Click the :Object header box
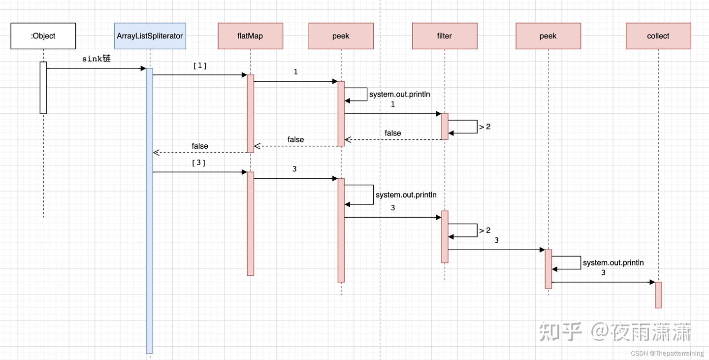pos(43,36)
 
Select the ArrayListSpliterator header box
pos(150,36)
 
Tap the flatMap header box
pos(250,36)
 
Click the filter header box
pos(444,36)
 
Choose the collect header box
pos(658,36)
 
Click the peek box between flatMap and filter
pos(341,36)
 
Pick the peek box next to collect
pos(548,36)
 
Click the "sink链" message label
pos(97,59)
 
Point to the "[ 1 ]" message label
pos(199,65)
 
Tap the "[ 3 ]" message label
pos(198,163)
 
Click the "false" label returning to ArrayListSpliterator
pos(199,146)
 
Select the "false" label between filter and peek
pos(392,133)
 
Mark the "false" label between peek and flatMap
pos(295,140)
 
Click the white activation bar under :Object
pos(43,88)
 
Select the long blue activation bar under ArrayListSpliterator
pos(149,212)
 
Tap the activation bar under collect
pos(658,295)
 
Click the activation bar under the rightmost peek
pos(548,269)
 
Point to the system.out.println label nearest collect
pos(613,263)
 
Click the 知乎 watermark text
pos(560,332)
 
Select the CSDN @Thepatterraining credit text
pos(667,354)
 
